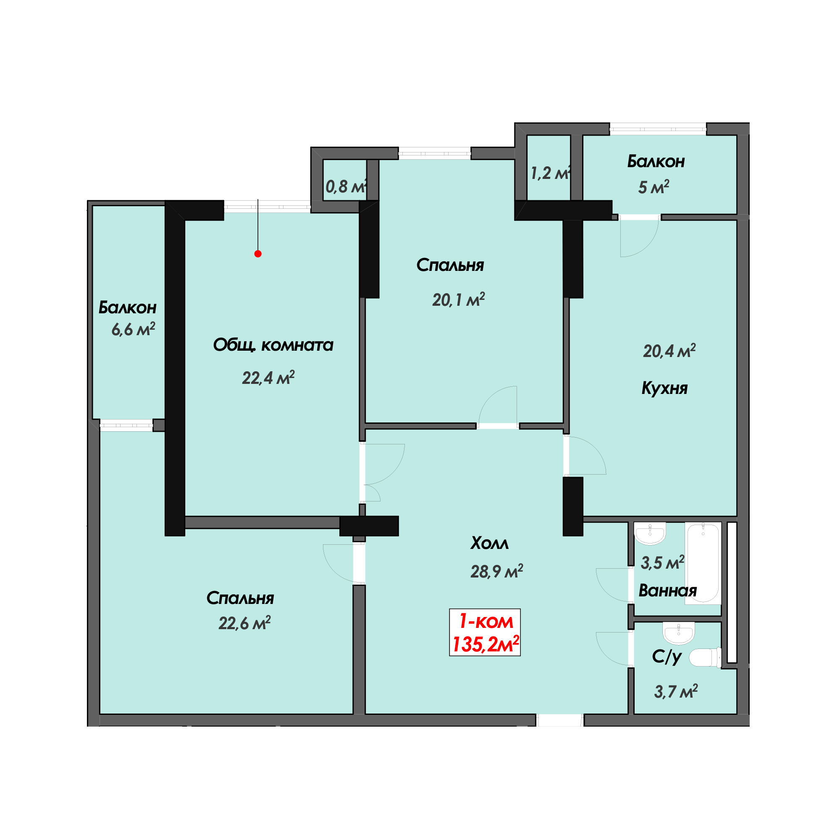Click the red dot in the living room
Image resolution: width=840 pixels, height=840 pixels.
pyautogui.click(x=258, y=254)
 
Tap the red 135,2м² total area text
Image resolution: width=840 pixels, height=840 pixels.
pyautogui.click(x=485, y=644)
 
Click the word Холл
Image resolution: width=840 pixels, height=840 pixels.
pyautogui.click(x=489, y=543)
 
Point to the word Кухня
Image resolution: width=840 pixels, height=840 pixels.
pyautogui.click(x=664, y=388)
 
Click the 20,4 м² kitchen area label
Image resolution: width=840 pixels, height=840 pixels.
pyautogui.click(x=669, y=350)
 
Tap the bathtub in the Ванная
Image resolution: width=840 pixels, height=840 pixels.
pyautogui.click(x=703, y=563)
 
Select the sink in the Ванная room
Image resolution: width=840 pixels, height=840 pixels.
pyautogui.click(x=650, y=534)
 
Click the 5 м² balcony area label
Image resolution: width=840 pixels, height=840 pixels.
pyautogui.click(x=654, y=187)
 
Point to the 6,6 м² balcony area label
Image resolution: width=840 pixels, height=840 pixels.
pyautogui.click(x=133, y=330)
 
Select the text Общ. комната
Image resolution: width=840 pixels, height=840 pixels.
pyautogui.click(x=273, y=345)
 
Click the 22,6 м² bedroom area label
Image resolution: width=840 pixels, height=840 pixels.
pyautogui.click(x=244, y=623)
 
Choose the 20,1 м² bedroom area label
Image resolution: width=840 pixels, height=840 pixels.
pyautogui.click(x=458, y=300)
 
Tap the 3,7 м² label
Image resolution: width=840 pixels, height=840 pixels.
pyautogui.click(x=676, y=691)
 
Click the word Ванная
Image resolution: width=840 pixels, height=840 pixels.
pyautogui.click(x=667, y=591)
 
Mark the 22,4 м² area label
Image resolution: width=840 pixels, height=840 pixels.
pyautogui.click(x=268, y=378)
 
